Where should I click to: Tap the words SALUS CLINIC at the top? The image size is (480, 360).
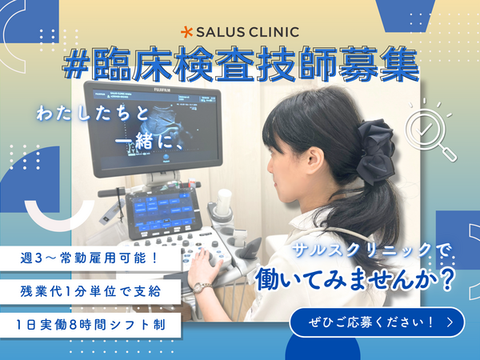pos(249,32)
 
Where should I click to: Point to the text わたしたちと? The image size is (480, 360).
pos(93,114)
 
